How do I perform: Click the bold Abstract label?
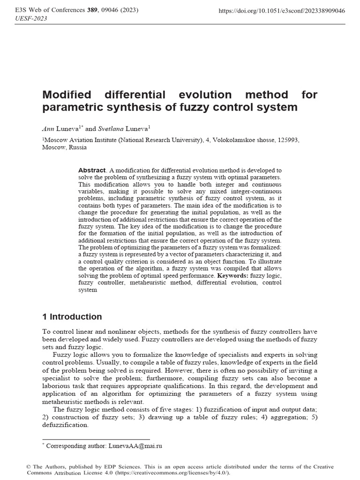(x=92, y=171)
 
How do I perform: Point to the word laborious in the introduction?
(x=56, y=385)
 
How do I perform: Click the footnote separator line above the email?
(x=96, y=439)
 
